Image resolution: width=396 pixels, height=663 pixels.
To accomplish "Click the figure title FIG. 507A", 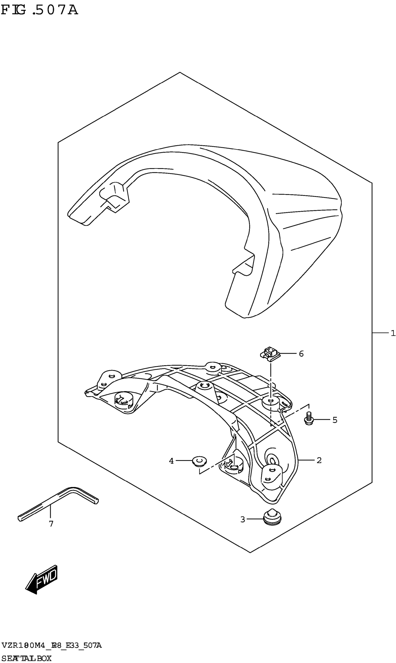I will (x=40, y=10).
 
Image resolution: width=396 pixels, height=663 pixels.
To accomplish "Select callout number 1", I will (x=393, y=333).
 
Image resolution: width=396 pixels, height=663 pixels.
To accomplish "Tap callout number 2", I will (x=319, y=460).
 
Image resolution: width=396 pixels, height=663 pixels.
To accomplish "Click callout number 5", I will (x=335, y=420).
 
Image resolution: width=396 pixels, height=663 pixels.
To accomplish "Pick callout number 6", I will (x=301, y=354).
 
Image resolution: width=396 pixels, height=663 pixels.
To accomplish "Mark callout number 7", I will (x=51, y=524).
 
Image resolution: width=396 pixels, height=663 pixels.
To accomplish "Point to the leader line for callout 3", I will (x=255, y=519).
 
